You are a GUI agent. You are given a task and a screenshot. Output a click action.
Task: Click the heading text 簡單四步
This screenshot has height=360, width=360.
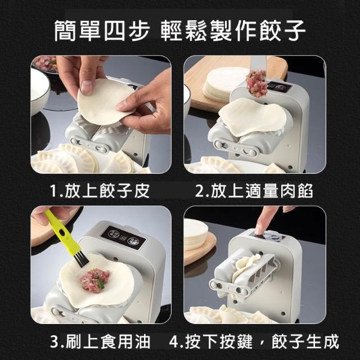tap(102, 31)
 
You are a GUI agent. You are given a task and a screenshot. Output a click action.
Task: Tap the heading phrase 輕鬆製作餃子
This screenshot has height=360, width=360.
tap(233, 31)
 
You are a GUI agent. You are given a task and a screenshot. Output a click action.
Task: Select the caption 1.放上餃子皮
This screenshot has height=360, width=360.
tap(100, 191)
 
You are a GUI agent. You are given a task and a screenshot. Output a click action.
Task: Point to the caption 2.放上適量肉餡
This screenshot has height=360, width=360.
tap(254, 191)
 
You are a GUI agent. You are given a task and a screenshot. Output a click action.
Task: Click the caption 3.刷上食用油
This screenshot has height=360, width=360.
tap(100, 341)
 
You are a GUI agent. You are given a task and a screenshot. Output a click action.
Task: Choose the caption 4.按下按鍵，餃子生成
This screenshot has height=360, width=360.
tap(254, 341)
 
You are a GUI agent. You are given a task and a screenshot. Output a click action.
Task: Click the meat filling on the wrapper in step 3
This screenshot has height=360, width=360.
tap(95, 280)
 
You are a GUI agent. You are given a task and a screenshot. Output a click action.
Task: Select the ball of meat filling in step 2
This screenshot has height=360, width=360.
tap(257, 83)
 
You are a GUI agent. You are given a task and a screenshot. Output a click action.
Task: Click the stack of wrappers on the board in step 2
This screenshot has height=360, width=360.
tap(220, 84)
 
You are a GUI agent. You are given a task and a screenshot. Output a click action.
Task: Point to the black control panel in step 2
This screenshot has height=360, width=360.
tap(280, 88)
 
